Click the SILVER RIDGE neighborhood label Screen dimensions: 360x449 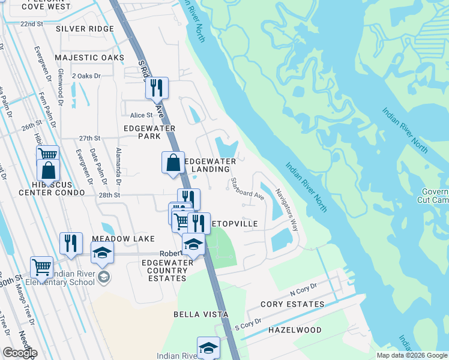pyautogui.click(x=85, y=29)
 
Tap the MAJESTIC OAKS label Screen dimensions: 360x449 pyautogui.click(x=89, y=58)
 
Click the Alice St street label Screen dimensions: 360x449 pyautogui.click(x=142, y=115)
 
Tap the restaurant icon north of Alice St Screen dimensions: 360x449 pyautogui.click(x=157, y=88)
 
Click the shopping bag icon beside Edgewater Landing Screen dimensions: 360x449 pyautogui.click(x=173, y=162)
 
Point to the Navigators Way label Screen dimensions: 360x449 pyautogui.click(x=286, y=210)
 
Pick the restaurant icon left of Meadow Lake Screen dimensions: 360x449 pyautogui.click(x=71, y=243)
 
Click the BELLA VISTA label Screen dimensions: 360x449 pyautogui.click(x=200, y=314)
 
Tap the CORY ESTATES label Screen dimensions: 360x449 pyautogui.click(x=292, y=304)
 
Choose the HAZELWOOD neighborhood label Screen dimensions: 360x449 pyautogui.click(x=294, y=330)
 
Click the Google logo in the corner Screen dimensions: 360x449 pyautogui.click(x=20, y=353)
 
